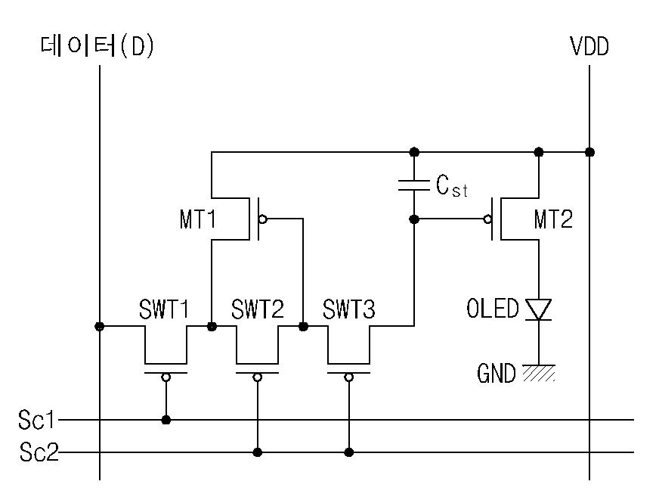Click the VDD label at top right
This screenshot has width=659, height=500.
tap(589, 46)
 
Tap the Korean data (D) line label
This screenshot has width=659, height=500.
tap(97, 46)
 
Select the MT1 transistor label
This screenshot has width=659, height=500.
tap(197, 219)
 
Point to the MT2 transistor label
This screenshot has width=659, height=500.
tap(553, 219)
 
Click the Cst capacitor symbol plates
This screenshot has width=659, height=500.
tap(414, 185)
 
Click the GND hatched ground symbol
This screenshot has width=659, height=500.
tap(539, 373)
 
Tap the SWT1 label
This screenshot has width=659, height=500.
tap(164, 309)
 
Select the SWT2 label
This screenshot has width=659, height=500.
tap(257, 309)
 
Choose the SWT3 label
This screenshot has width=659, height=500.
tap(348, 309)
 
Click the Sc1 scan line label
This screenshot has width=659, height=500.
tap(36, 420)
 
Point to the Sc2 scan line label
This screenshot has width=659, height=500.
tap(39, 452)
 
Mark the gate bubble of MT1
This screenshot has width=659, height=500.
tap(263, 219)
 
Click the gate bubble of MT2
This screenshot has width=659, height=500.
tap(487, 219)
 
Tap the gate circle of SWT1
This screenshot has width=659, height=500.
tap(166, 377)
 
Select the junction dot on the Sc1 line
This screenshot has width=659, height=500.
tap(166, 420)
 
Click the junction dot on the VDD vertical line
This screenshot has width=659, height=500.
tap(589, 152)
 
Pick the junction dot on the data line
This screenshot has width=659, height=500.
tap(100, 326)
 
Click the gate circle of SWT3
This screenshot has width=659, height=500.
tap(349, 377)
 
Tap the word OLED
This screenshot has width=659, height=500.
tap(492, 308)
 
